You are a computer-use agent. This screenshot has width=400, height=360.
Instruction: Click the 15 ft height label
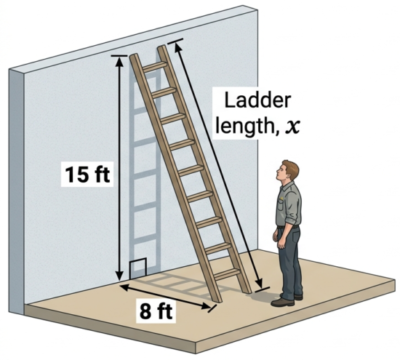pos(88,174)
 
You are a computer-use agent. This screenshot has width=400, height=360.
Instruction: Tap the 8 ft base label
pos(156,312)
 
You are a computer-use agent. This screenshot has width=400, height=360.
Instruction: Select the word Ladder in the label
pos(257,100)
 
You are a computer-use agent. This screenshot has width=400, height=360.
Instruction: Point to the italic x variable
pos(292,126)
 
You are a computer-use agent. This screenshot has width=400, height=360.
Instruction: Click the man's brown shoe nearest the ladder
pos(283,302)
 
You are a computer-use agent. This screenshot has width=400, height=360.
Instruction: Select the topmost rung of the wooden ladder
pos(155,66)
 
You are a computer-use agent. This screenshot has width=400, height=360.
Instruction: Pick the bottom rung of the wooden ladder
pos(227,274)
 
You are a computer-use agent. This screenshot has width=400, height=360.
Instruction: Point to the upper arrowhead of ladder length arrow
pos(177,47)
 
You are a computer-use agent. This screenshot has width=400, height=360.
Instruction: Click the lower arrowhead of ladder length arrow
pos(258,283)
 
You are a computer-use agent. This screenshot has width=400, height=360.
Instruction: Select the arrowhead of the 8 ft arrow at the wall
pos(125,286)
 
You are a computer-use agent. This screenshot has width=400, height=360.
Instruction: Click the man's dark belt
pos(289,227)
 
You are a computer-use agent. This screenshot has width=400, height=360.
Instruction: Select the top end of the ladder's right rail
pos(161,48)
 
